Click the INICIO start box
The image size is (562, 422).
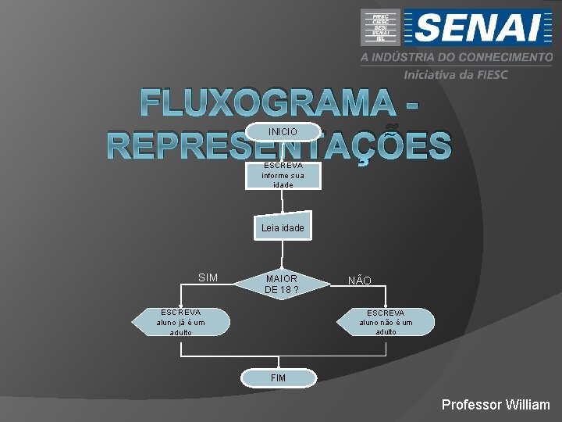pos(282,132)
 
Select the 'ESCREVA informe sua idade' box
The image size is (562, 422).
pos(283,175)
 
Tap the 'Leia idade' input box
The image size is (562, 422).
pos(283,227)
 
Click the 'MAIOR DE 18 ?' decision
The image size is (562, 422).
pos(281,284)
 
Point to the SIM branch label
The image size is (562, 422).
pos(208,277)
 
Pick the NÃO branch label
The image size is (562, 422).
pos(359,281)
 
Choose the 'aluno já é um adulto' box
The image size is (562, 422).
pos(181,322)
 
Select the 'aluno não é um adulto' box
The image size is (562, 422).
pos(385,322)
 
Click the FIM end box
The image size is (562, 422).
pos(279,377)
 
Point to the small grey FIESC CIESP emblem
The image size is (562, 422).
pos(381,27)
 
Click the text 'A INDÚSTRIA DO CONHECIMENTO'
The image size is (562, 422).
pos(456,58)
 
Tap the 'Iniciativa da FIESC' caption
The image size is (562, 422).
pos(455,74)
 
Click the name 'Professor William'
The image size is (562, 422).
pos(496,405)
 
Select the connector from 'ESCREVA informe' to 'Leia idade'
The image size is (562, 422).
pos(283,201)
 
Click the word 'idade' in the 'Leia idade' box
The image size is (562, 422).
pos(293,228)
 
